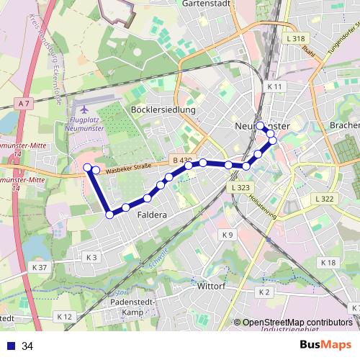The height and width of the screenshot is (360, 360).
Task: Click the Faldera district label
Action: [152, 215]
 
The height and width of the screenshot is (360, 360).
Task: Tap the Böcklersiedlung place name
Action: [163, 109]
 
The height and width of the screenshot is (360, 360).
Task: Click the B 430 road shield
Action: [182, 160]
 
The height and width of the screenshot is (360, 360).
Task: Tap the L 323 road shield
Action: [240, 186]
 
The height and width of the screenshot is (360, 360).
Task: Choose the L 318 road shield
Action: [295, 38]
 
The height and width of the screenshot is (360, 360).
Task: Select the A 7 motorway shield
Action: [25, 104]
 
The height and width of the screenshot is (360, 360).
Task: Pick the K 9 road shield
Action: [228, 235]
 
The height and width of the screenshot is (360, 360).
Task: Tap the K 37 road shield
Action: [40, 267]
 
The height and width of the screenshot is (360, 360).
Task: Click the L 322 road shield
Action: [324, 199]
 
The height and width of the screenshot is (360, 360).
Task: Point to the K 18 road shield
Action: [328, 263]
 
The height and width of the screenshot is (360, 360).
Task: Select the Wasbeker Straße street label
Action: [127, 169]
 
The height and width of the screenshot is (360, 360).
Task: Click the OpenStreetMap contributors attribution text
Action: [297, 323]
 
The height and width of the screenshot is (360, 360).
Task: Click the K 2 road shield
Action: [264, 292]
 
